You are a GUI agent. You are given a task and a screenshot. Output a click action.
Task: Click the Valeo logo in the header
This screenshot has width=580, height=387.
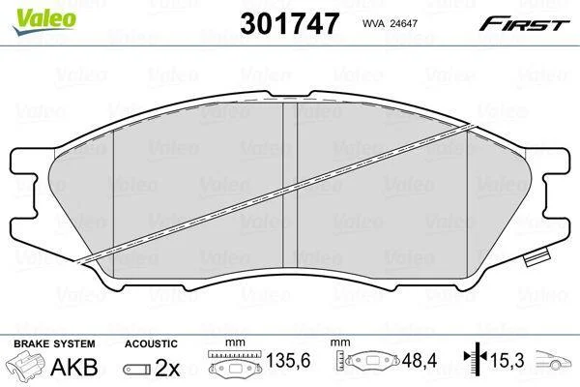[x=44, y=21]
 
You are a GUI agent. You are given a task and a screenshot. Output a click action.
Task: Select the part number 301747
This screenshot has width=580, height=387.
[x=290, y=23]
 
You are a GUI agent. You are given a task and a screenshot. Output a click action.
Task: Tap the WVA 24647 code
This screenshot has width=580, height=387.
[x=390, y=23]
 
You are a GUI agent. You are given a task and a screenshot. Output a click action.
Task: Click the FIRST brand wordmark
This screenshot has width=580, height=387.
[x=524, y=24]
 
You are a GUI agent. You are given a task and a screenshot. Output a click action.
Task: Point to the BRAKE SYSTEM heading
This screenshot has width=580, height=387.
[x=54, y=343]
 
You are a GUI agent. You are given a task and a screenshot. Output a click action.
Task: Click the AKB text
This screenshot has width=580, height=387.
[x=74, y=367]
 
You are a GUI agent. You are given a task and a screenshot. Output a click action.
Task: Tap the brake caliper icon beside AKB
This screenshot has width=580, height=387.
[x=27, y=365]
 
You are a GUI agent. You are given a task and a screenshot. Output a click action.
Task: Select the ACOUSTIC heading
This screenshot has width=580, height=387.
[x=151, y=343]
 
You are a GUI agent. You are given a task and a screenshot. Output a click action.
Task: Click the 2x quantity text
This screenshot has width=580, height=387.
[x=167, y=368]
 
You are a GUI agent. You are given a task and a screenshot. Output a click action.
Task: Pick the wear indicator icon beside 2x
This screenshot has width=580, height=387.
[x=137, y=370]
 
